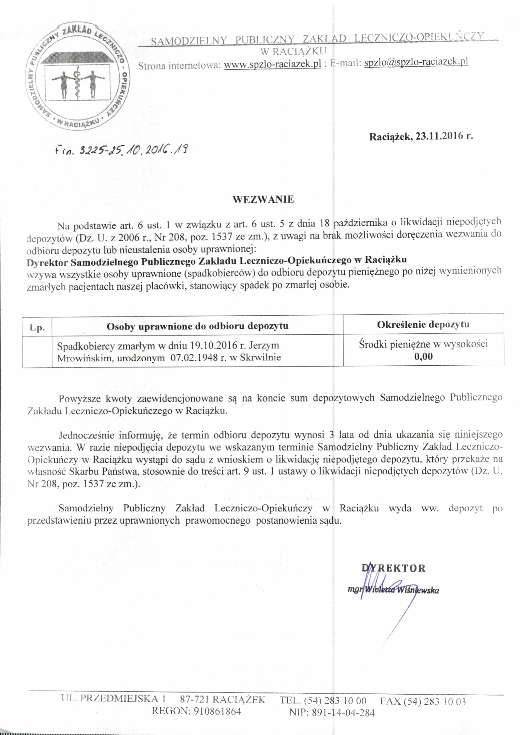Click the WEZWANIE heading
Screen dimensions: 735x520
click(x=263, y=199)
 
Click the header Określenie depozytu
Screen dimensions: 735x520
click(x=423, y=324)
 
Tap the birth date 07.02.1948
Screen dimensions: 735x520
click(x=194, y=358)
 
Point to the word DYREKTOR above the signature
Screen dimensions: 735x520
click(x=394, y=568)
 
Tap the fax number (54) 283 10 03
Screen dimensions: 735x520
click(x=435, y=702)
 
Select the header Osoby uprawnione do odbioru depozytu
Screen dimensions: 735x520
click(x=197, y=326)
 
